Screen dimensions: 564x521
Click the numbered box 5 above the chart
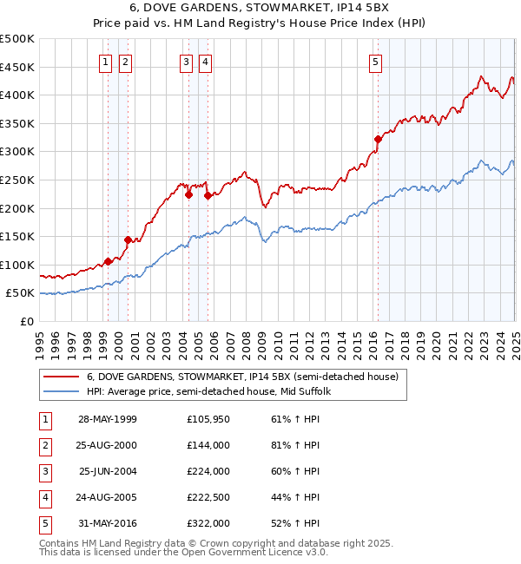click(376, 62)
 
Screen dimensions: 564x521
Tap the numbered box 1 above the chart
click(106, 62)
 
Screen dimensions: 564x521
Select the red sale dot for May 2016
click(378, 139)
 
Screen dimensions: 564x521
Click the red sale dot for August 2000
click(128, 239)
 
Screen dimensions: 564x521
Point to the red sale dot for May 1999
click(108, 261)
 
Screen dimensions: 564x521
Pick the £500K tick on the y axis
click(17, 39)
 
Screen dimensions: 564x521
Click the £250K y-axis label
click(17, 180)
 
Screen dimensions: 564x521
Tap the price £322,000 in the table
click(208, 524)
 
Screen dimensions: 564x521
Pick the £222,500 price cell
click(208, 498)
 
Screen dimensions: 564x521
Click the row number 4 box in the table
click(44, 498)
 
